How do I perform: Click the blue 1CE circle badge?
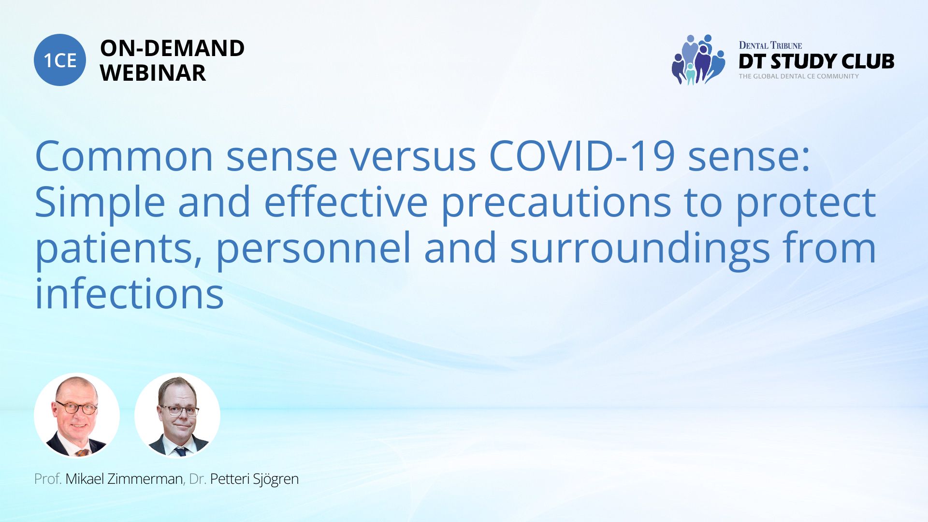coord(60,60)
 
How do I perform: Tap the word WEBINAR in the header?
coord(153,73)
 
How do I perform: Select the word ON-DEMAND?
coord(172,48)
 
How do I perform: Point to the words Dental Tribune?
coord(770,45)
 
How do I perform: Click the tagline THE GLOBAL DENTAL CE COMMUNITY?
coord(799,76)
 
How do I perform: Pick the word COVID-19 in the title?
coord(582,156)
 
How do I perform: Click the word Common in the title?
coord(124,156)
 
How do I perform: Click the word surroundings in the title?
coord(640,249)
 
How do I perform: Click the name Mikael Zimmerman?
coord(124,479)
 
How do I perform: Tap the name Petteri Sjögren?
coord(254,479)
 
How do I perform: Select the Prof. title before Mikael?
coord(48,479)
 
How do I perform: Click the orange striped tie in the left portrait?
coord(82,453)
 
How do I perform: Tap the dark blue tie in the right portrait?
coord(181,452)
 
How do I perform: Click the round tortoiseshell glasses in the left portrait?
coord(76,407)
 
